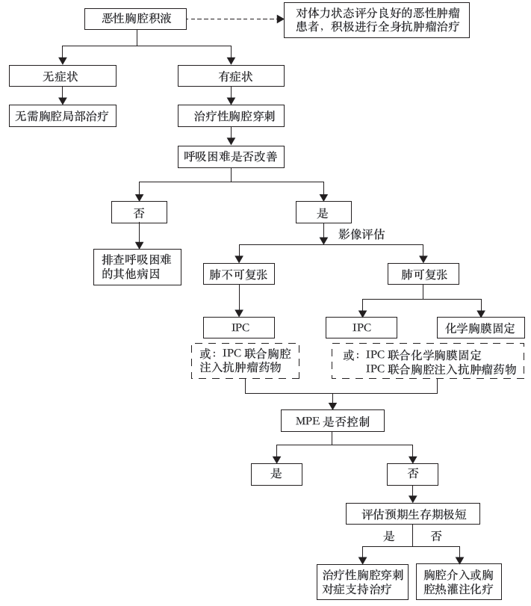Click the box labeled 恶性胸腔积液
(x=135, y=19)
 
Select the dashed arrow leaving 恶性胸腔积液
(x=235, y=19)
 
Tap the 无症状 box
(x=63, y=75)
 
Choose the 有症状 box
(x=231, y=75)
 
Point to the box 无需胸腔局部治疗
(x=63, y=116)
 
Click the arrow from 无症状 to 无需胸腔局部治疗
(x=63, y=96)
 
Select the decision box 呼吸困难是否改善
(x=231, y=156)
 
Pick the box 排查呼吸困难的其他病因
(x=137, y=267)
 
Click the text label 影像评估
(x=361, y=234)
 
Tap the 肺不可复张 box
(x=239, y=274)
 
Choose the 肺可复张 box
(x=423, y=274)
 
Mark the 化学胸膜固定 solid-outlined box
(x=481, y=328)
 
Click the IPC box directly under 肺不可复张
(x=239, y=328)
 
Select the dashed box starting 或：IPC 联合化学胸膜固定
(x=428, y=361)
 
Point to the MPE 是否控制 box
(x=332, y=421)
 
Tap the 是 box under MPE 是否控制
(x=276, y=474)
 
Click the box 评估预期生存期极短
(x=413, y=513)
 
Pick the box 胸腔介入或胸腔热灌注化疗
(x=459, y=581)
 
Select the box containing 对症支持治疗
(x=363, y=581)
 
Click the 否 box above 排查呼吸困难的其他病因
(x=139, y=212)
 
